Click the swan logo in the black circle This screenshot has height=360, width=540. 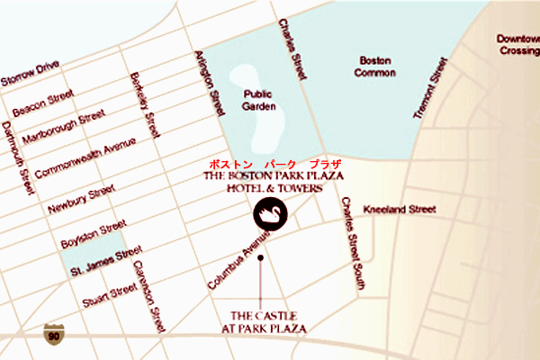(x=269, y=215)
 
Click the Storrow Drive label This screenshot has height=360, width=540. (x=31, y=71)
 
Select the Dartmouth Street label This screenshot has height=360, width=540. (x=20, y=157)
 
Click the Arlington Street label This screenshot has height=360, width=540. (x=212, y=83)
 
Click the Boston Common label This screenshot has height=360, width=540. (x=375, y=67)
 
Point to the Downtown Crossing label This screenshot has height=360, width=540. (x=517, y=45)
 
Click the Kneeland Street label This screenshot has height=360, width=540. (x=399, y=209)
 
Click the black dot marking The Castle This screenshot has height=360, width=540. (x=260, y=258)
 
